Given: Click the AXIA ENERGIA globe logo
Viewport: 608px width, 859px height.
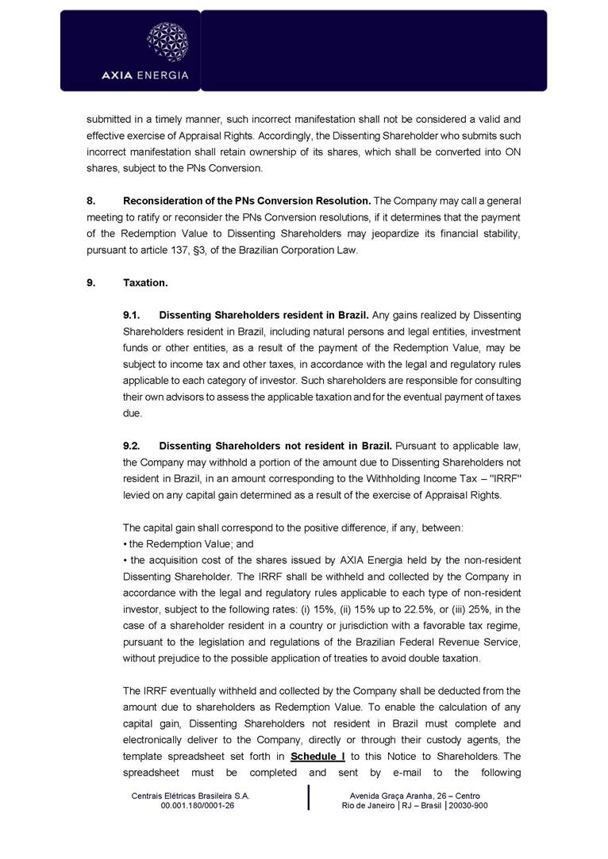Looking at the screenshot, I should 167,42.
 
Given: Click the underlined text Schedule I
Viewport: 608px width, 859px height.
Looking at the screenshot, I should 317,756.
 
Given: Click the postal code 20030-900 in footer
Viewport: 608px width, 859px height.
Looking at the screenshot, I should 470,805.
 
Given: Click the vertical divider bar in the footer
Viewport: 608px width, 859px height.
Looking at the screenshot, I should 308,799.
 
